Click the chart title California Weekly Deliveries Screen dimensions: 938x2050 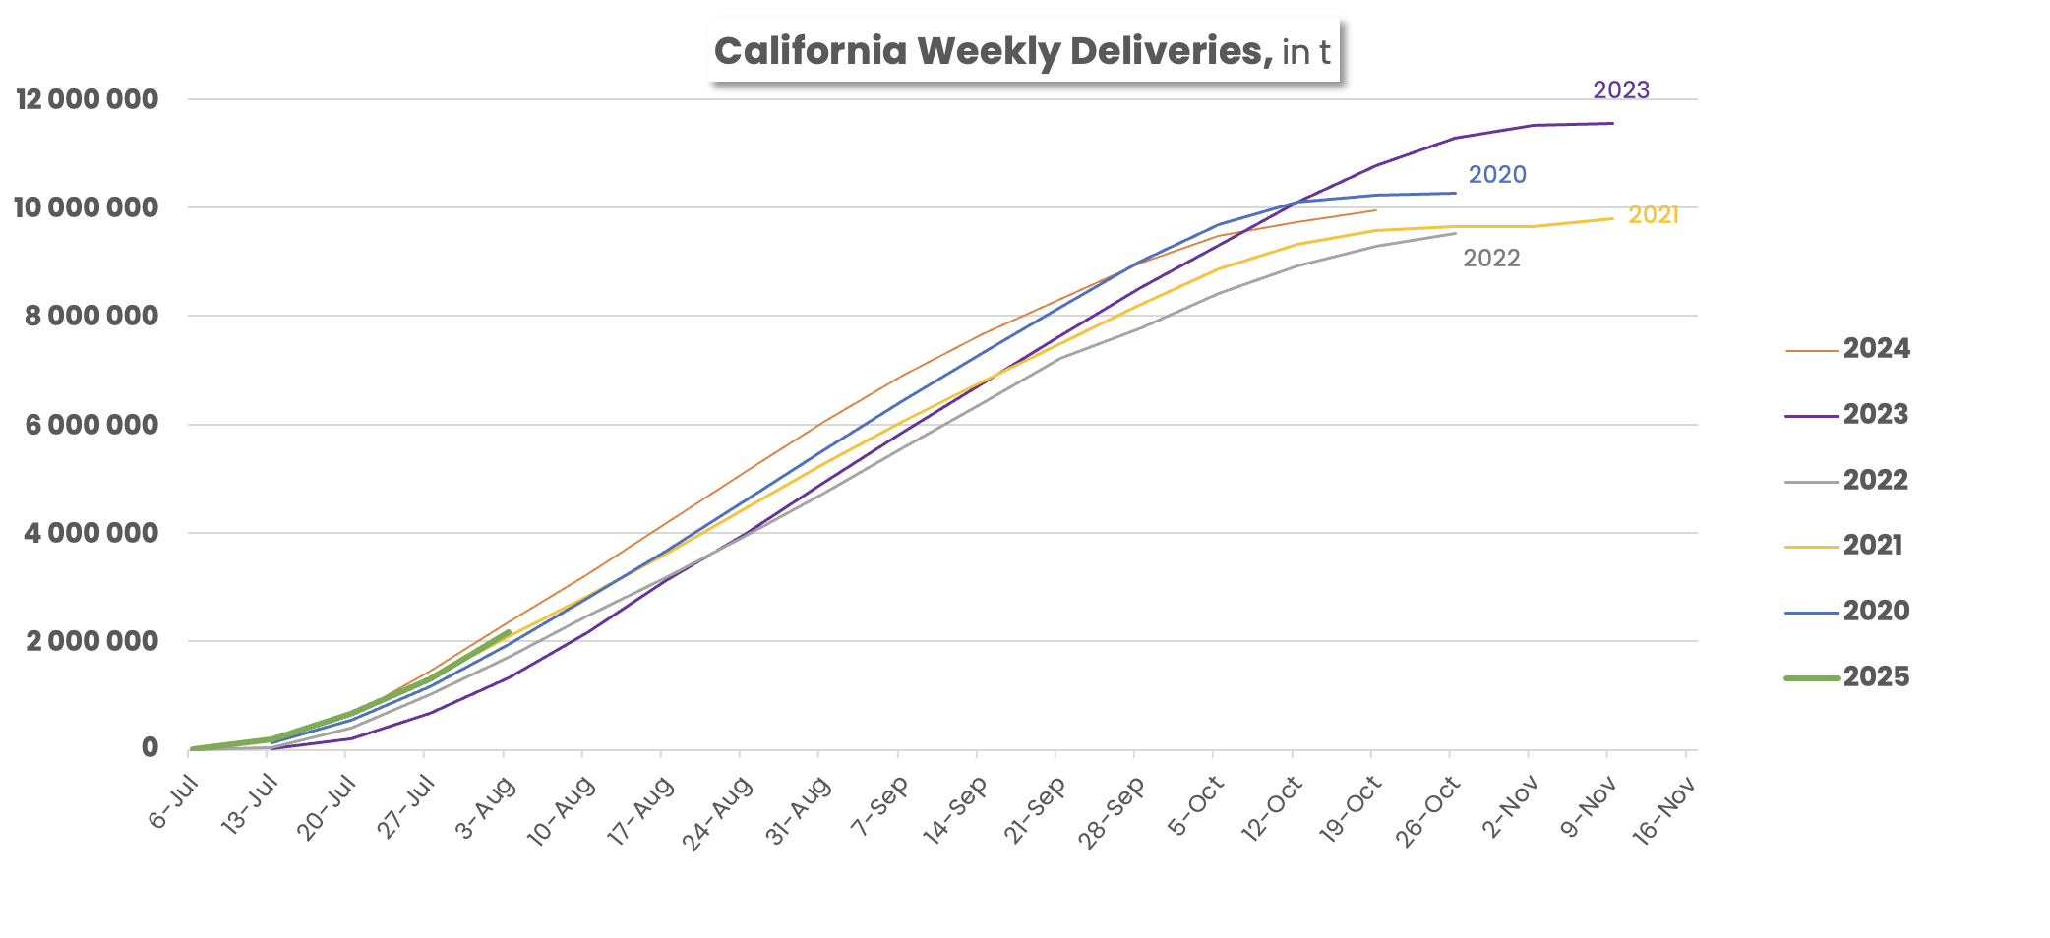click(1023, 51)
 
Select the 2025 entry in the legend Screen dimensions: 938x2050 click(1875, 676)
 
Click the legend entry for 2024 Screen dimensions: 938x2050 click(1875, 348)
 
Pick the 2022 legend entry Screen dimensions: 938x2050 click(1875, 480)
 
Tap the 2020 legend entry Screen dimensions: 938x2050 click(1875, 611)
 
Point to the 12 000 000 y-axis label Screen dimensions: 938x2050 click(87, 99)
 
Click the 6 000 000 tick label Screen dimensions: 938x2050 click(91, 425)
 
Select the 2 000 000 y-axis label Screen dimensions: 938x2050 click(91, 641)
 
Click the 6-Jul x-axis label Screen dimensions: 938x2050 click(175, 802)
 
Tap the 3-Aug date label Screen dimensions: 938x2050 click(486, 808)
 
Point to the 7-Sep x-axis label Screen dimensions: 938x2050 click(880, 806)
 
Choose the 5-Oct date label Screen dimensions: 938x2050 click(1196, 806)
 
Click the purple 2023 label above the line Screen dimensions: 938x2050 click(1621, 90)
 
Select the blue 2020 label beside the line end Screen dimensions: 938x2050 click(1497, 175)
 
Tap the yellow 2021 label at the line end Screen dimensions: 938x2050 click(1654, 215)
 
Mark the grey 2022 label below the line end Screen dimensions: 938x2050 click(1491, 259)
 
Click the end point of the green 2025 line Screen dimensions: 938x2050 click(508, 632)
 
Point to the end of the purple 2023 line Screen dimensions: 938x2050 click(1612, 123)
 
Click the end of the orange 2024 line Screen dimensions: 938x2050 click(1375, 209)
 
